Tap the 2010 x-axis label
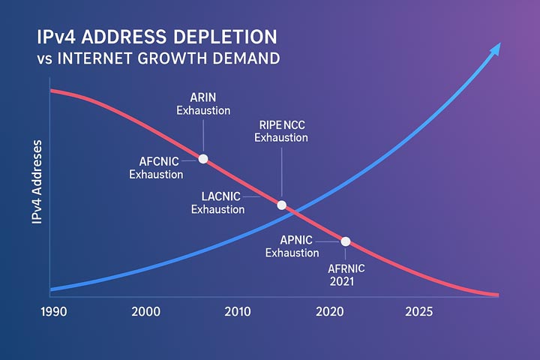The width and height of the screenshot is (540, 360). point(237,311)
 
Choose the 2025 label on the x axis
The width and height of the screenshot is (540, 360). point(418,311)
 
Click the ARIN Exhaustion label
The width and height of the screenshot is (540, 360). point(202,103)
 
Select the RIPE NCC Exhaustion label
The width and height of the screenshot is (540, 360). point(281,130)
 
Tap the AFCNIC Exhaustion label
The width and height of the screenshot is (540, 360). point(157,167)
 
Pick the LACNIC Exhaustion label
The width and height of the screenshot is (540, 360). point(219,202)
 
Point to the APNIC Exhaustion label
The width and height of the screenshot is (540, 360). point(292,246)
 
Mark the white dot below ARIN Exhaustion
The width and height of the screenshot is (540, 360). point(202,158)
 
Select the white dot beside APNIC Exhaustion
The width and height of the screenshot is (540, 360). point(346,241)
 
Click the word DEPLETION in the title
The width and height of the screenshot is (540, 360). point(224,36)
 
